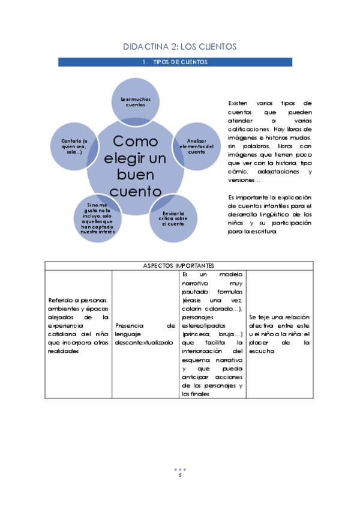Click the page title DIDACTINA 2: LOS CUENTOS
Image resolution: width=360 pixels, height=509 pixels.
179,46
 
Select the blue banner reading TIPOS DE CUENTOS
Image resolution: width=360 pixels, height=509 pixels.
179,62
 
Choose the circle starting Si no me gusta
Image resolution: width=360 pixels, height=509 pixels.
96,220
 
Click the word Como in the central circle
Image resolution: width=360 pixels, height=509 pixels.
136,142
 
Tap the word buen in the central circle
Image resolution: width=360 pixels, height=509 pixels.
135,175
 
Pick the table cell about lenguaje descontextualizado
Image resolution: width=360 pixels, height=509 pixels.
144,334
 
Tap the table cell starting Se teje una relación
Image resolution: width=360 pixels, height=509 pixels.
279,334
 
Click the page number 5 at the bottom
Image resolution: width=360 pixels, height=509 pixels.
180,475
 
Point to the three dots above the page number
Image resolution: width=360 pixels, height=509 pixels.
180,469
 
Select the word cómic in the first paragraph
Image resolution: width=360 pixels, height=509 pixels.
238,172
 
